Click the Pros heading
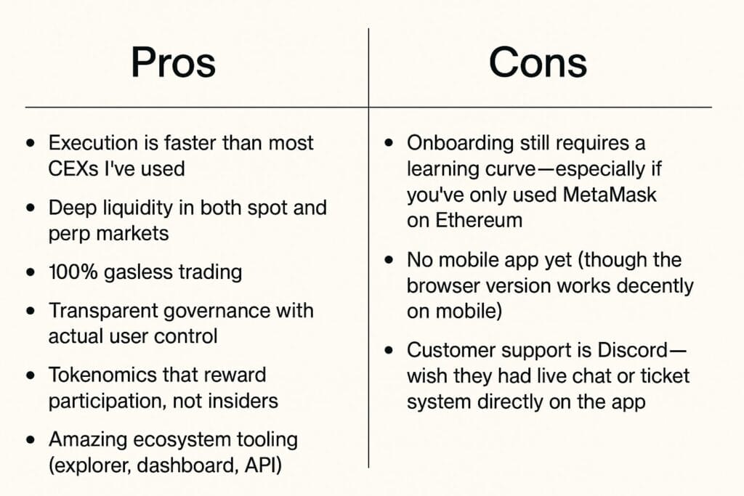pyautogui.click(x=173, y=63)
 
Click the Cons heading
pyautogui.click(x=538, y=63)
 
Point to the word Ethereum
pyautogui.click(x=477, y=220)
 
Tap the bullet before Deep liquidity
pyautogui.click(x=31, y=208)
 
